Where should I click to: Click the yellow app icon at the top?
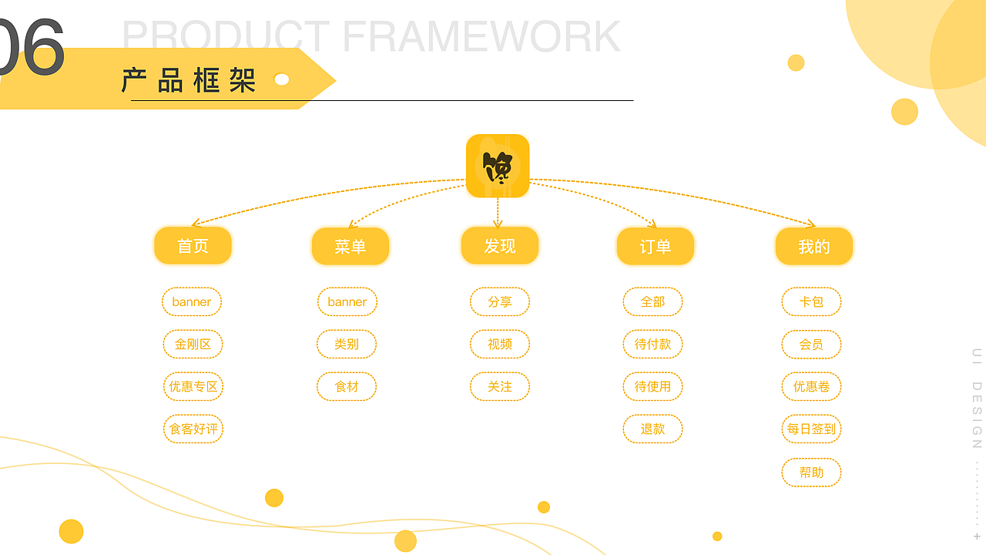(498, 166)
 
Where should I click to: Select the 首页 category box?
(193, 246)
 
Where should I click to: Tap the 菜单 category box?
(350, 247)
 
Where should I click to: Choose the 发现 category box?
(500, 246)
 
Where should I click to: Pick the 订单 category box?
(656, 247)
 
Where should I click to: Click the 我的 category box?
(814, 247)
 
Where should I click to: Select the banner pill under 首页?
(192, 301)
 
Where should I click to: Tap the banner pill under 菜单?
(347, 301)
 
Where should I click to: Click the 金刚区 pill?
(193, 344)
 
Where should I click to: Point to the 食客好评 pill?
(193, 429)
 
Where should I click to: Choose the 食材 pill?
(347, 386)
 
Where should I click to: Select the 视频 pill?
(500, 344)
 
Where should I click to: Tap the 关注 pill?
(500, 386)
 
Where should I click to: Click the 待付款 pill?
(652, 344)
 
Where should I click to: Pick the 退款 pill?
(652, 429)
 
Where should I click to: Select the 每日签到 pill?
(811, 429)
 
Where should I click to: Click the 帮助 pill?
(811, 472)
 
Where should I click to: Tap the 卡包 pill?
(811, 301)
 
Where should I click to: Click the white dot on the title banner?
(282, 79)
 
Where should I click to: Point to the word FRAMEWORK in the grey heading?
(481, 36)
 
